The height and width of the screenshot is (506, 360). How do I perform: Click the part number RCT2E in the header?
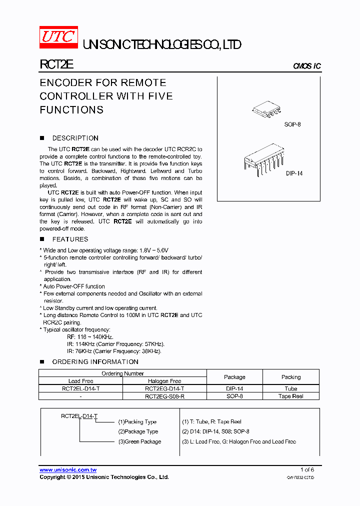[x=56, y=64]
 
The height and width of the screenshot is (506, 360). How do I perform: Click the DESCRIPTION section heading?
[x=75, y=138]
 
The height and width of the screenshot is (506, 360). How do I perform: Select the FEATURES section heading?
[x=70, y=239]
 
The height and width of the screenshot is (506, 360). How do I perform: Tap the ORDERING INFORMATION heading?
[x=95, y=361]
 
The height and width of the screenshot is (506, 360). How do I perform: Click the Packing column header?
[x=291, y=377]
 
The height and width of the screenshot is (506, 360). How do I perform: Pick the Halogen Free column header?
[x=164, y=381]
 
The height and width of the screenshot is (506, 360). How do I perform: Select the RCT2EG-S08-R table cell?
[x=164, y=396]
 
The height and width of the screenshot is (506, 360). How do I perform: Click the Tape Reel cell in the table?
[x=291, y=396]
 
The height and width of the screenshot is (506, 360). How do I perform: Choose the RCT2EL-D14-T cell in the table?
[x=80, y=388]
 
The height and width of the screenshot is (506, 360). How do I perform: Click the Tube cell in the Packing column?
[x=291, y=388]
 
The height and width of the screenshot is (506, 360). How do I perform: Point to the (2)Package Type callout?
[x=138, y=431]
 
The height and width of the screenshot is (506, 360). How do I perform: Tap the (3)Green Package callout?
[x=139, y=441]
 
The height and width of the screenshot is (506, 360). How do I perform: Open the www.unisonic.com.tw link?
[x=68, y=470]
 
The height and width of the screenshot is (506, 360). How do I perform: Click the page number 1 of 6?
[x=307, y=469]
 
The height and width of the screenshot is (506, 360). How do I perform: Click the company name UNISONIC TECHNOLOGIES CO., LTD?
[x=161, y=45]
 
